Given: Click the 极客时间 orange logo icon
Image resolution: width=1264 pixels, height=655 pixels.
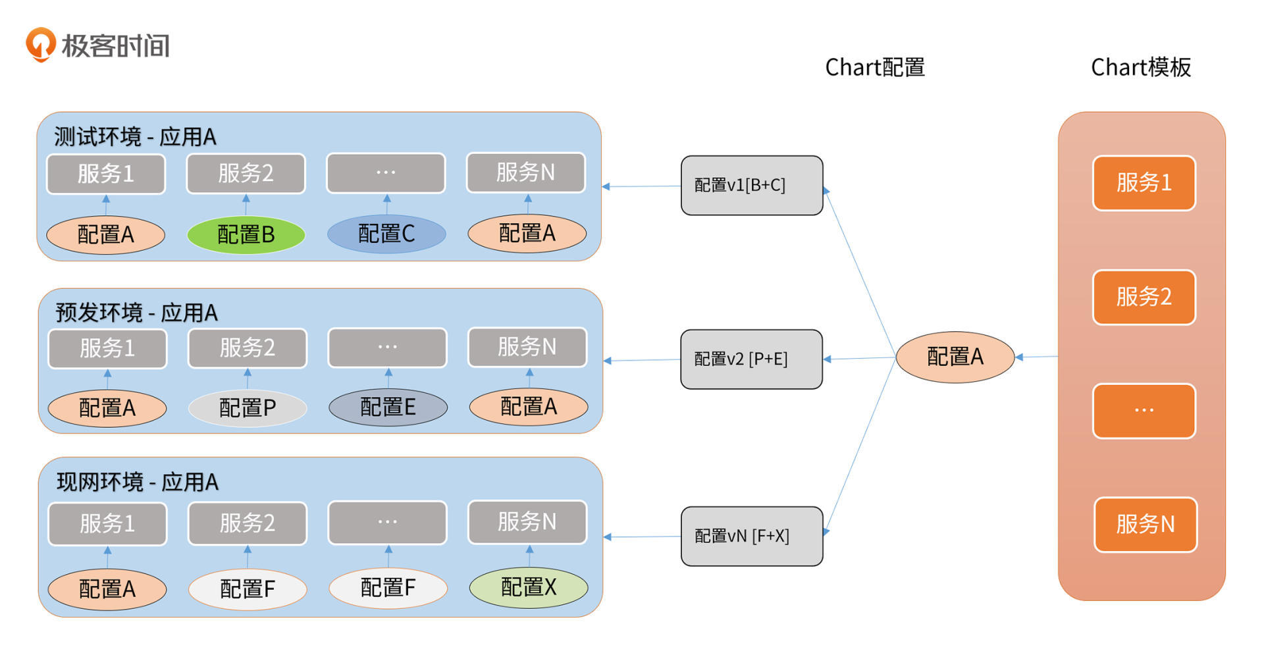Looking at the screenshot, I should [40, 44].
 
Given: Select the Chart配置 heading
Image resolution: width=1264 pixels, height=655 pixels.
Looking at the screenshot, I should [874, 67].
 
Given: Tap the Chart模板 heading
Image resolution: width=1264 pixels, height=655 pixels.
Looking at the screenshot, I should [1140, 67].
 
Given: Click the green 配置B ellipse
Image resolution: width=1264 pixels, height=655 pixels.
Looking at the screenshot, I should [246, 234].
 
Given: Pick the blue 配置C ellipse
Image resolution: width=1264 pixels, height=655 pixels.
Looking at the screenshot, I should [386, 234].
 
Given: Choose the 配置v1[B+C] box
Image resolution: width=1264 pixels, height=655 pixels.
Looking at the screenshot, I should [751, 186].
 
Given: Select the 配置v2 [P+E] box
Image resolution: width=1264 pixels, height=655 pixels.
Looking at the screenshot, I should [751, 359].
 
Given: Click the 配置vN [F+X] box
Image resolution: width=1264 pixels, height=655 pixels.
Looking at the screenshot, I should [751, 536].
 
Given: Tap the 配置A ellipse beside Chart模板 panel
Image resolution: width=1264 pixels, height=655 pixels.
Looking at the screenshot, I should [955, 357].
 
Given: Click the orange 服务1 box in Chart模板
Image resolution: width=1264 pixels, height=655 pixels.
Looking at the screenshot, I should [1144, 183].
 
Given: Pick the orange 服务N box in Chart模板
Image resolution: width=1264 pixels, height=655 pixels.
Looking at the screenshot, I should [1145, 525].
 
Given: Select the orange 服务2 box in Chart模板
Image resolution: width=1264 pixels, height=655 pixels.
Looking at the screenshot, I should [1144, 297].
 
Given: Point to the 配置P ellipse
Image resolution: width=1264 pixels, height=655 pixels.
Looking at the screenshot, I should [248, 408].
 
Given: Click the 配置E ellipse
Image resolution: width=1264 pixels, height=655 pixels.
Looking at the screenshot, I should [388, 407].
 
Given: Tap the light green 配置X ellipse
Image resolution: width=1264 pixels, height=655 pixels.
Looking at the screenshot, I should [528, 587].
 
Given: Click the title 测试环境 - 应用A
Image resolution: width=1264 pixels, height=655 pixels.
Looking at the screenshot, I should [135, 137].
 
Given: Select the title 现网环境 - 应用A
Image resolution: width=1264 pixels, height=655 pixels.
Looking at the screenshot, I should [137, 483].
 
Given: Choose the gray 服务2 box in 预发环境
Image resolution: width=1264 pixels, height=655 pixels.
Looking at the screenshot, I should [248, 348].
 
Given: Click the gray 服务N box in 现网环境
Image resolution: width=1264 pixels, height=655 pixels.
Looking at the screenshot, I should [527, 522].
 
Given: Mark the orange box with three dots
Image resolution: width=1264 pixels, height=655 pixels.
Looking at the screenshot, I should [1144, 411].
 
